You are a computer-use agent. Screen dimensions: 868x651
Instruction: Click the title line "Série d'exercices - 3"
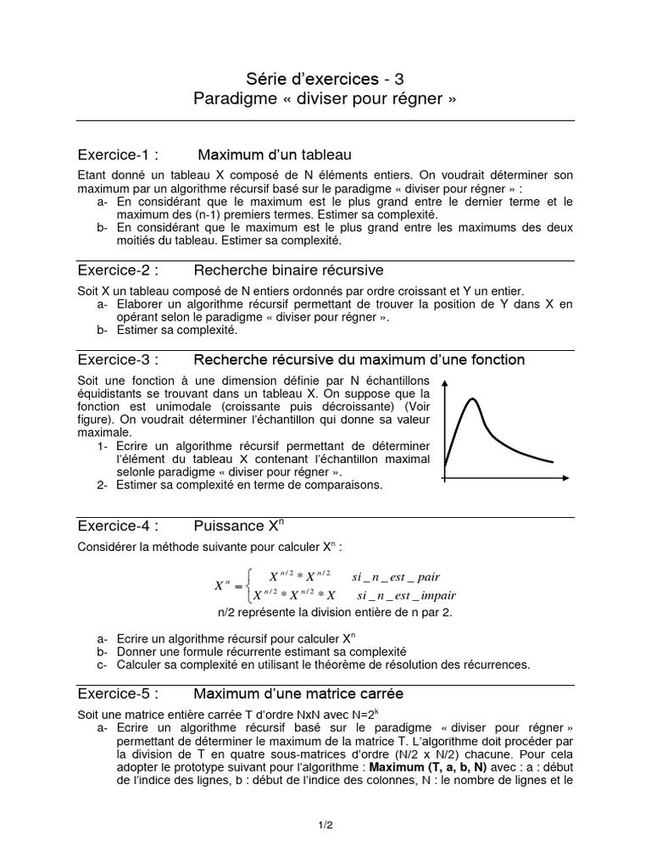coord(325,79)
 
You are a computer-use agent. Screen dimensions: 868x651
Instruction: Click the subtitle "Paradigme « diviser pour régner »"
coord(325,99)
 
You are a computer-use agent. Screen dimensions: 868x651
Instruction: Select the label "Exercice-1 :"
coord(118,155)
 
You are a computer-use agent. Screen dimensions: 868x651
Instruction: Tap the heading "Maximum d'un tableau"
coord(274,155)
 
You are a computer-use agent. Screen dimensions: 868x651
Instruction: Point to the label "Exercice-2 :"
coord(118,270)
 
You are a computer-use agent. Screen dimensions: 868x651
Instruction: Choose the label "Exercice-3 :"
coord(118,360)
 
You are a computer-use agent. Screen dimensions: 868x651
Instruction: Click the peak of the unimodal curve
coord(472,399)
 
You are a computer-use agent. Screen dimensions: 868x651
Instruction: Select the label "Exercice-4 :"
coord(118,525)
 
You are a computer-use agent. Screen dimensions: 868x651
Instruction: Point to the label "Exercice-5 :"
coord(118,693)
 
